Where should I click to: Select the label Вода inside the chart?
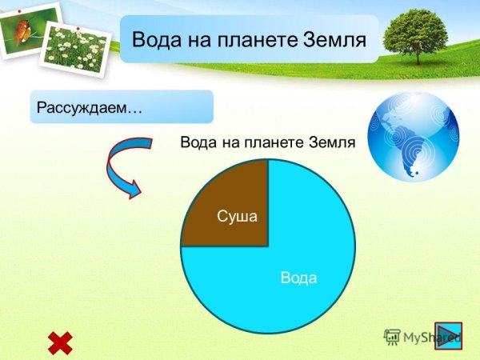tap(299, 278)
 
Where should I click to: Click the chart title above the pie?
tap(267, 142)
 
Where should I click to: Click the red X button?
tap(60, 342)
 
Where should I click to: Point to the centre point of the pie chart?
tap(268, 246)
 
